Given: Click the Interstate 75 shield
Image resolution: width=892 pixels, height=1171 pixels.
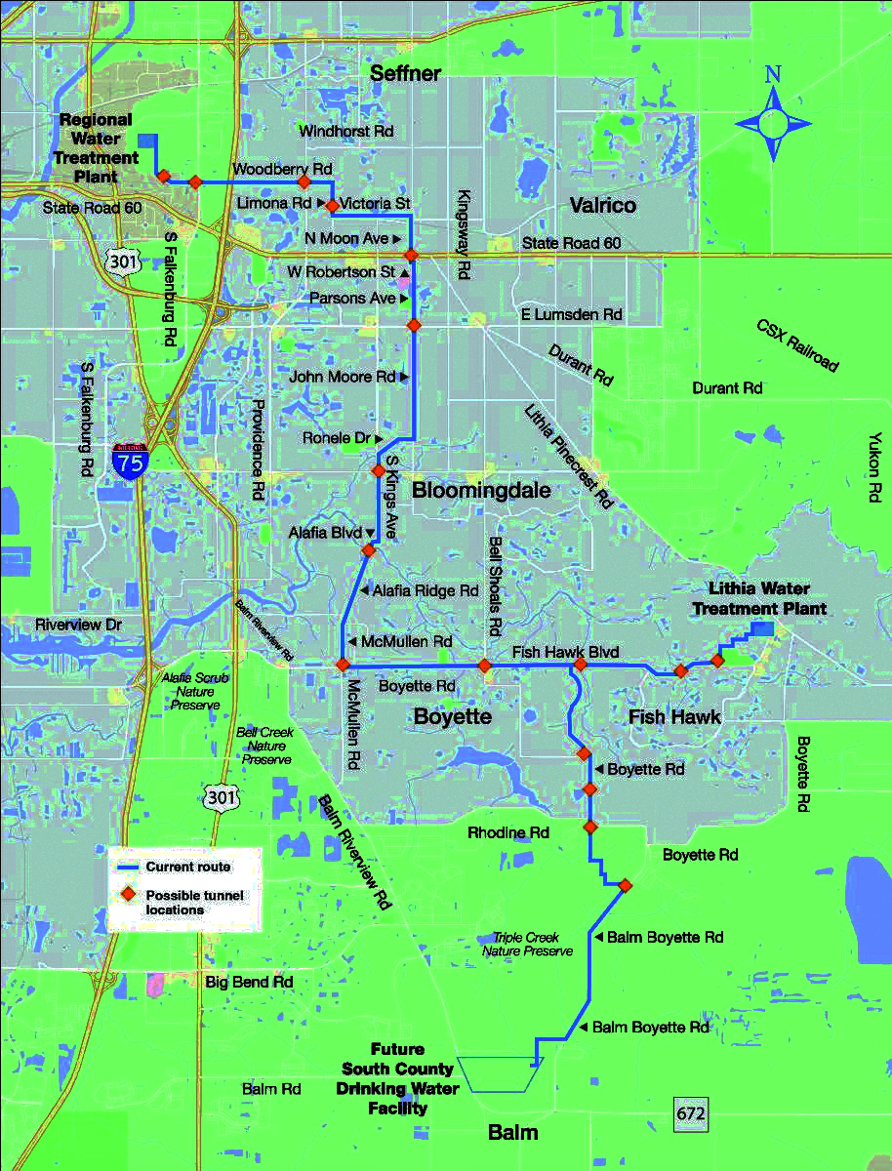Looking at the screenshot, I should click(x=130, y=459).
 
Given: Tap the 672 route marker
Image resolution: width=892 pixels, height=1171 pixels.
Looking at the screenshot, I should click(x=690, y=1111).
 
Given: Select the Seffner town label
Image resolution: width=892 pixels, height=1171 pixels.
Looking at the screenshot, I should click(x=405, y=73).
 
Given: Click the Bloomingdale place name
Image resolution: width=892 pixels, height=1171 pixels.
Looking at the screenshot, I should click(x=481, y=490).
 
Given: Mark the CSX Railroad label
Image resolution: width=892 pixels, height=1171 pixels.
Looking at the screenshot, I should click(x=797, y=344).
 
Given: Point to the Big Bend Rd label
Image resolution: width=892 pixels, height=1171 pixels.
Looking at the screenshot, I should click(x=250, y=981).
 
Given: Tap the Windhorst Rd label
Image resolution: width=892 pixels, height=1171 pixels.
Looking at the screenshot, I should click(x=345, y=130).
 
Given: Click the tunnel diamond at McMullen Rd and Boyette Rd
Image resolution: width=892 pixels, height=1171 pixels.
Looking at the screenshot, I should click(x=343, y=664).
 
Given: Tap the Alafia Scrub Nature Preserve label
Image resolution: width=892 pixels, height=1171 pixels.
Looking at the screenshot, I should click(x=191, y=689).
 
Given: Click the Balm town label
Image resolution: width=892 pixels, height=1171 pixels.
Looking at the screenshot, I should click(x=512, y=1132).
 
